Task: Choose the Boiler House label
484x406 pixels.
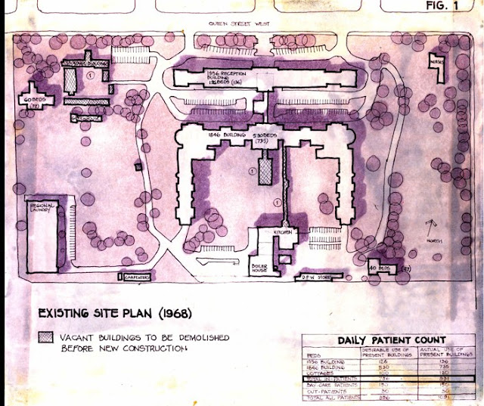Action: [x=261, y=268]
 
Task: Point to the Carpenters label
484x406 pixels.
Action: [x=138, y=277]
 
